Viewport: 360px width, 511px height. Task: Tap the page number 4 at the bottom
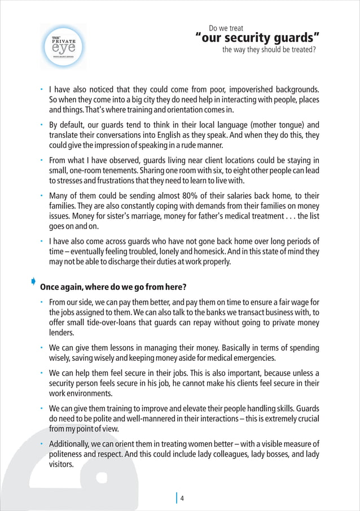(183, 497)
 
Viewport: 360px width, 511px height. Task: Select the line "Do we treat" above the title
(226, 28)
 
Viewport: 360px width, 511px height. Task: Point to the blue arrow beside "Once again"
(34, 281)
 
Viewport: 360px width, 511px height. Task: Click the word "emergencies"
(250, 358)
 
